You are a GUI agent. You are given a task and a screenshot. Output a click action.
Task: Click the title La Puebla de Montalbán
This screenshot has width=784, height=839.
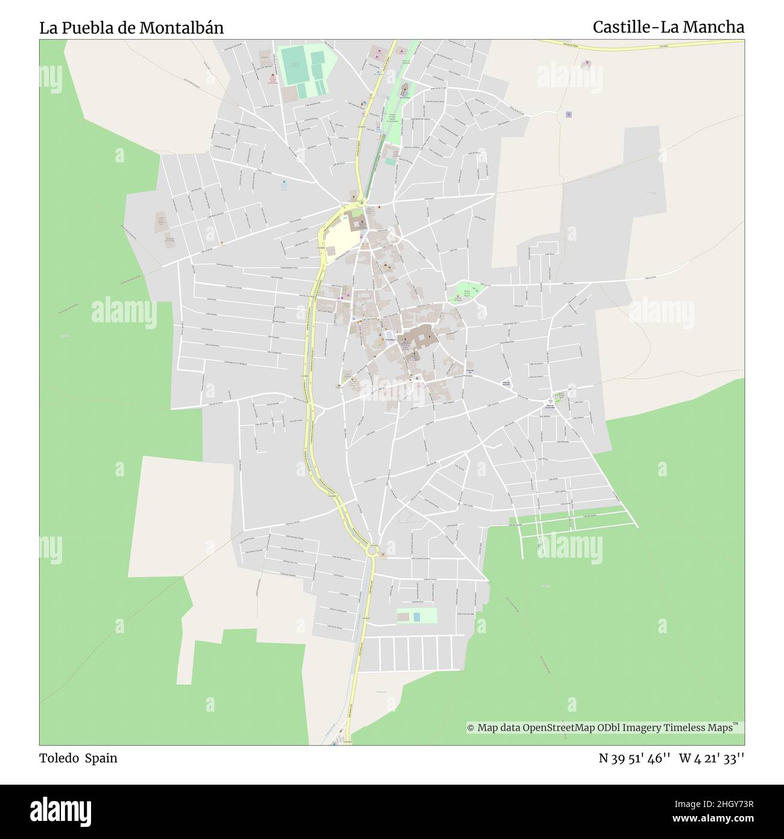point(131,28)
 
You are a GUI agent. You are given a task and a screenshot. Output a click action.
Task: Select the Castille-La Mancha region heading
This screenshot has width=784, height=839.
point(668,27)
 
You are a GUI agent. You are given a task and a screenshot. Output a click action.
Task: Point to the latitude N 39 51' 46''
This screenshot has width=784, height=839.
point(634,758)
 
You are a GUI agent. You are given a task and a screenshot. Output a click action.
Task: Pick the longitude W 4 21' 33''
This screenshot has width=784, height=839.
point(712,758)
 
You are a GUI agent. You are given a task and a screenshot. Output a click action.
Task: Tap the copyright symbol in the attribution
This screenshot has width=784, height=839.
point(471,728)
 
